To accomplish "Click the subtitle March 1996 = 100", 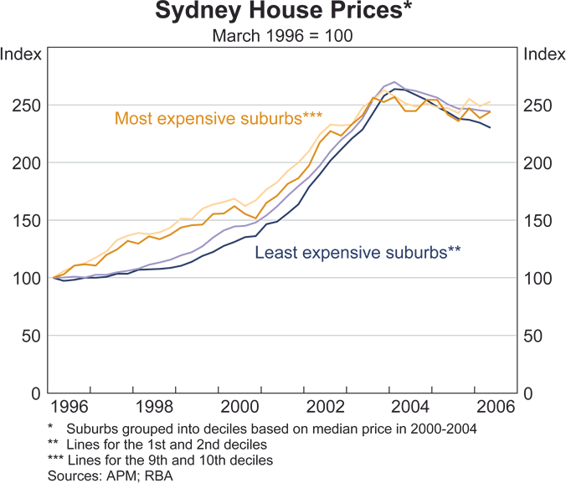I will click(x=283, y=36).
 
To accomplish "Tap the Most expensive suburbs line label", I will click(x=219, y=118).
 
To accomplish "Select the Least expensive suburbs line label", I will click(x=358, y=252).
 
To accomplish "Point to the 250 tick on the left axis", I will click(x=28, y=105).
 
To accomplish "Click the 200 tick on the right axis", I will click(x=538, y=163).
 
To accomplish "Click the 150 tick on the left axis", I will click(x=28, y=221).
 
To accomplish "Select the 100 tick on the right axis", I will click(x=538, y=278).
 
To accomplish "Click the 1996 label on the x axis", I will click(x=69, y=408).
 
